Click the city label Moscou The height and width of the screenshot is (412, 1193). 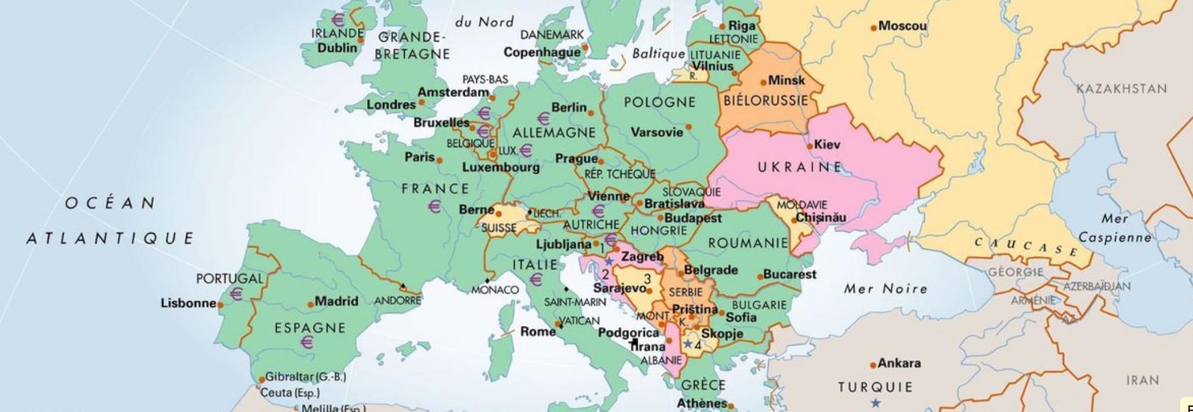[x=902, y=26]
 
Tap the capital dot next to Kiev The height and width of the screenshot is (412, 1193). [x=810, y=146]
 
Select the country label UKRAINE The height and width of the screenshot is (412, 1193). [x=799, y=167]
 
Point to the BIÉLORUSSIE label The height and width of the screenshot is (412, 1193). [x=766, y=100]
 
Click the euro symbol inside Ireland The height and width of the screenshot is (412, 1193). [x=337, y=20]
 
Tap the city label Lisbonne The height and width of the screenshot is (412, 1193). [x=188, y=303]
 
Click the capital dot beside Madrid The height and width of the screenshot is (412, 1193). [x=310, y=303]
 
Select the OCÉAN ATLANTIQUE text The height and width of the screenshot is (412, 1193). [x=110, y=221]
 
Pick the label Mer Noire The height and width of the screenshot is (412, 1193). [x=885, y=288]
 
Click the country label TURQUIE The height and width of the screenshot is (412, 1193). [x=875, y=386]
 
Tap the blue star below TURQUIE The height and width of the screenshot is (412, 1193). [x=875, y=403]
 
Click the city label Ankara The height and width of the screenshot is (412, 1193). [x=899, y=363]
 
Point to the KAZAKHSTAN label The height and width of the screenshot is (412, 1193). [x=1121, y=89]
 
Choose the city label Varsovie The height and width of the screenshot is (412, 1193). [x=657, y=132]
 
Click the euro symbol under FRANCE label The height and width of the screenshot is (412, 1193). [x=434, y=206]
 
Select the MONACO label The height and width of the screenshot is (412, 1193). [x=495, y=290]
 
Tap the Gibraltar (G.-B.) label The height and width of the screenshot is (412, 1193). [x=306, y=377]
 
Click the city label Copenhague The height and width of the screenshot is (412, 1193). [x=542, y=52]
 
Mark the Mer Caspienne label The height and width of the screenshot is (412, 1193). [x=1115, y=228]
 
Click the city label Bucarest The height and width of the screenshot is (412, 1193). [x=789, y=274]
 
